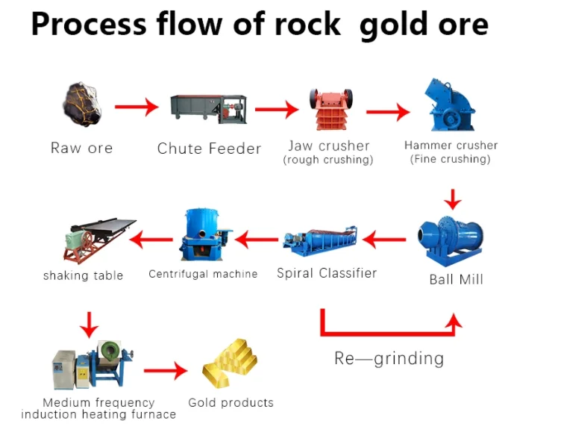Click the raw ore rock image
coord(81,107)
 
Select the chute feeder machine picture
coord(208,109)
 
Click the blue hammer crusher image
coord(451,105)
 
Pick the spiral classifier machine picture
coord(325,239)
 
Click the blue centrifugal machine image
coord(202,236)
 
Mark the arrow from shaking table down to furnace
coord(90,324)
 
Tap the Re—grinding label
coord(389,358)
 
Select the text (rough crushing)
coord(328,160)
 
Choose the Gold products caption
coord(231,403)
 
